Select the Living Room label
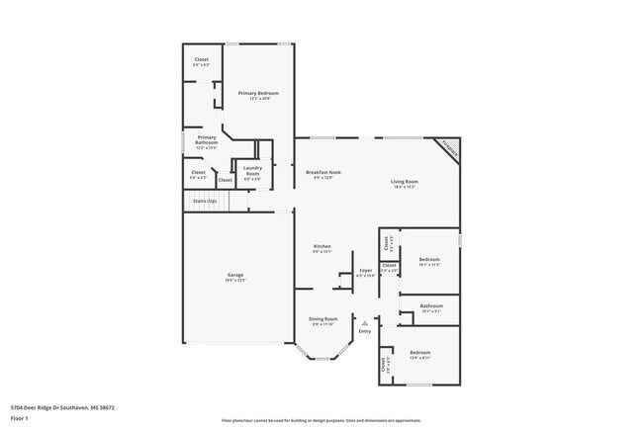click(405, 181)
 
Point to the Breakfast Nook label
click(322, 172)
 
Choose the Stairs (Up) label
click(205, 201)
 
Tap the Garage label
click(235, 275)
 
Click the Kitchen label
click(322, 246)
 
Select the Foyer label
click(365, 270)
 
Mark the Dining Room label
click(322, 318)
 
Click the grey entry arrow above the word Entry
click(365, 321)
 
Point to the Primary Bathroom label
click(206, 139)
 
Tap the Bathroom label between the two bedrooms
click(430, 306)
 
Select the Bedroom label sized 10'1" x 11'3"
click(429, 260)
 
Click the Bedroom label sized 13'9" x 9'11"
click(420, 352)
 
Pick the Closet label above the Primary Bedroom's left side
click(201, 60)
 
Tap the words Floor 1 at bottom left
click(20, 418)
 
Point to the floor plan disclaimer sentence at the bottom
click(321, 420)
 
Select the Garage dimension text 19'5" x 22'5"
click(235, 280)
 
